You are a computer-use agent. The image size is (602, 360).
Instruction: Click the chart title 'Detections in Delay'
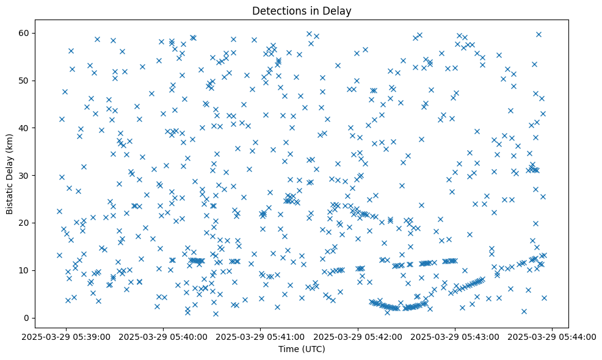coord(301,10)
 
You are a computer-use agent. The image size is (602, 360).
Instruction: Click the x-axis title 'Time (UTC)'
coord(301,349)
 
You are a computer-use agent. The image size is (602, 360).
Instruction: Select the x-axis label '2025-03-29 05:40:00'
coord(164,336)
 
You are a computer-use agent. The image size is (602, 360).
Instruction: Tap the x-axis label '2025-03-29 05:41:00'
coord(261,336)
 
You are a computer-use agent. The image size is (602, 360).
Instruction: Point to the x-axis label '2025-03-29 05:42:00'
coord(358,336)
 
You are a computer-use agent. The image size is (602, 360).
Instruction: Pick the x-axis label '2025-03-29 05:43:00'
coord(455,336)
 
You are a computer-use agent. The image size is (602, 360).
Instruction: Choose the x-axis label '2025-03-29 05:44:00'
coord(552,336)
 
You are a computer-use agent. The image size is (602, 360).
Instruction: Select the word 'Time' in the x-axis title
coord(289,349)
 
